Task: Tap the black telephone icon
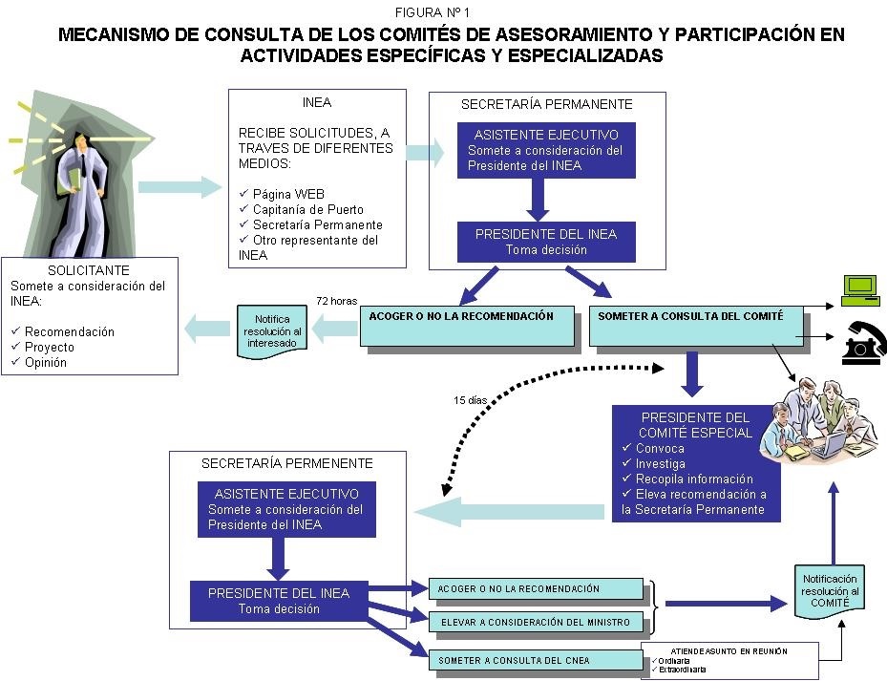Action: [864, 345]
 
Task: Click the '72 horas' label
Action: [336, 300]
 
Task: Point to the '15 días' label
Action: [471, 400]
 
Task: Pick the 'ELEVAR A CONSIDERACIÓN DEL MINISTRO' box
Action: [537, 623]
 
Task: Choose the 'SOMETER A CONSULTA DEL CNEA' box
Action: [537, 660]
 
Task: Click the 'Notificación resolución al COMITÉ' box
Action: [830, 592]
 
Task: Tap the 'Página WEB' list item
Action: [288, 194]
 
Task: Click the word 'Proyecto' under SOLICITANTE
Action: [50, 347]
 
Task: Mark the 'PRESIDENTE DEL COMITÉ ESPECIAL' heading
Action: [696, 425]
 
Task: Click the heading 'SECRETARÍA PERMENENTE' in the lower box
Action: [286, 463]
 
